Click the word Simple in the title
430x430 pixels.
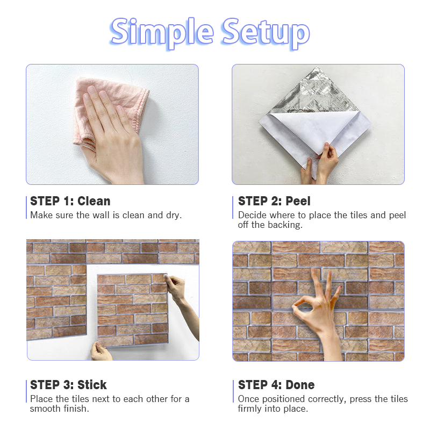pos(162,33)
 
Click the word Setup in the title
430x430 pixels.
pos(266,33)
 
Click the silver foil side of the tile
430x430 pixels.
pos(316,93)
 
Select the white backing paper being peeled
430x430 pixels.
pos(316,134)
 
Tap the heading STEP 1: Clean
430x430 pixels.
pos(70,201)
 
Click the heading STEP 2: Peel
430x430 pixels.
pos(274,201)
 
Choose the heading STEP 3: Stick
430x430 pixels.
pos(68,385)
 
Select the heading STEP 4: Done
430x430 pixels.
pos(276,385)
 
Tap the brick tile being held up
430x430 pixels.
pos(132,310)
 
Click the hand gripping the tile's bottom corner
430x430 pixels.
pos(101,351)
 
